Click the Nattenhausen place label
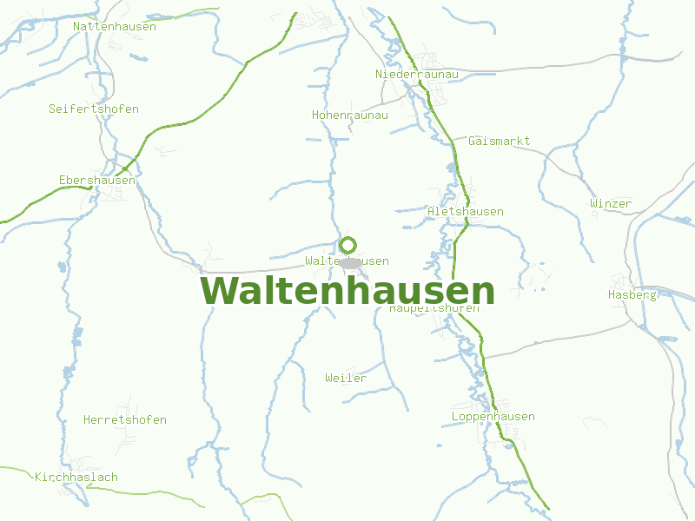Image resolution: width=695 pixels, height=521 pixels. pos(115,26)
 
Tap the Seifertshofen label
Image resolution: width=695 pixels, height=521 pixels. pos(94,109)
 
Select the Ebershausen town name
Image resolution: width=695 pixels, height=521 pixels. pos(97,180)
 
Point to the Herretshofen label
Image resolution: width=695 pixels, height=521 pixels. pos(125,419)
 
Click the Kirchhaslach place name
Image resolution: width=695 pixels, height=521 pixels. pos(76,477)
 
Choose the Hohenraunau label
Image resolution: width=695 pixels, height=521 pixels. pos(350,115)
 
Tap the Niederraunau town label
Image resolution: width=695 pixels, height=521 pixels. pos(416,74)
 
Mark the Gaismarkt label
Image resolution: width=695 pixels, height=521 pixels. pos(499,141)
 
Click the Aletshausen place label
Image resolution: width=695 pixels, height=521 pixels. pos(466,211)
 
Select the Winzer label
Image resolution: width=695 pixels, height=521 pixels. pos(611,203)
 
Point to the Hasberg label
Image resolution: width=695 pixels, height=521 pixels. pos(632,294)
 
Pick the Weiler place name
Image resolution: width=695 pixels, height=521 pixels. pos(346,378)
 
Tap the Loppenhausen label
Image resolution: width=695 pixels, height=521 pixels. pos(493,416)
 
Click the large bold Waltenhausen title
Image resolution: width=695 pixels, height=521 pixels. pos(347,290)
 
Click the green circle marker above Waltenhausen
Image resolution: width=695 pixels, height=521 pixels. pos(348,245)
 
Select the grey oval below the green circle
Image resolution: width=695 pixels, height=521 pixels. pos(350,262)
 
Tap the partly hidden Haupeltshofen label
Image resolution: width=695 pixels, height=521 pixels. pos(434,308)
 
